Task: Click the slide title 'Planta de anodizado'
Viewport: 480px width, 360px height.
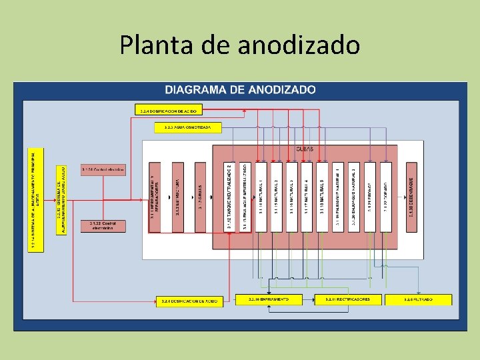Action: pos(240,45)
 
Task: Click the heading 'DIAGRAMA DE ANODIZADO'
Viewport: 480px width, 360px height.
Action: pos(240,89)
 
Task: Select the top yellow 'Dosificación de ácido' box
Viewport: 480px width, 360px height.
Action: pos(169,110)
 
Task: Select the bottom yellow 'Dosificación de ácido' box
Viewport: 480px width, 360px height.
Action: pos(189,301)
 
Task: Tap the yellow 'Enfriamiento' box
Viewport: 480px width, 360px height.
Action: pos(269,300)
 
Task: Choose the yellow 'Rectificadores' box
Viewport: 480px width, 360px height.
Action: pos(347,300)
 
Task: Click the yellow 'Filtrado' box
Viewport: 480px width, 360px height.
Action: pos(418,300)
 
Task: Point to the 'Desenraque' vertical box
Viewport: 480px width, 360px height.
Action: pos(411,197)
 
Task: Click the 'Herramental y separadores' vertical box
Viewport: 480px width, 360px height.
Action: pos(155,197)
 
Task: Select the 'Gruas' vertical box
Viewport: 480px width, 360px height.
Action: pos(200,197)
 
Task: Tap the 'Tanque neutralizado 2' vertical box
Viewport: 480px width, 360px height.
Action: pos(229,197)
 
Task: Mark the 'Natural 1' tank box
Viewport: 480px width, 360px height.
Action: pos(261,197)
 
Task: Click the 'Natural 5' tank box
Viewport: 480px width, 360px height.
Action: pos(322,197)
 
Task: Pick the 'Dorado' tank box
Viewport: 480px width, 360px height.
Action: pos(386,197)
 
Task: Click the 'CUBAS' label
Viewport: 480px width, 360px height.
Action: pos(304,149)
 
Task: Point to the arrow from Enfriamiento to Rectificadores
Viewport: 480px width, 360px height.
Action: pos(309,300)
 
